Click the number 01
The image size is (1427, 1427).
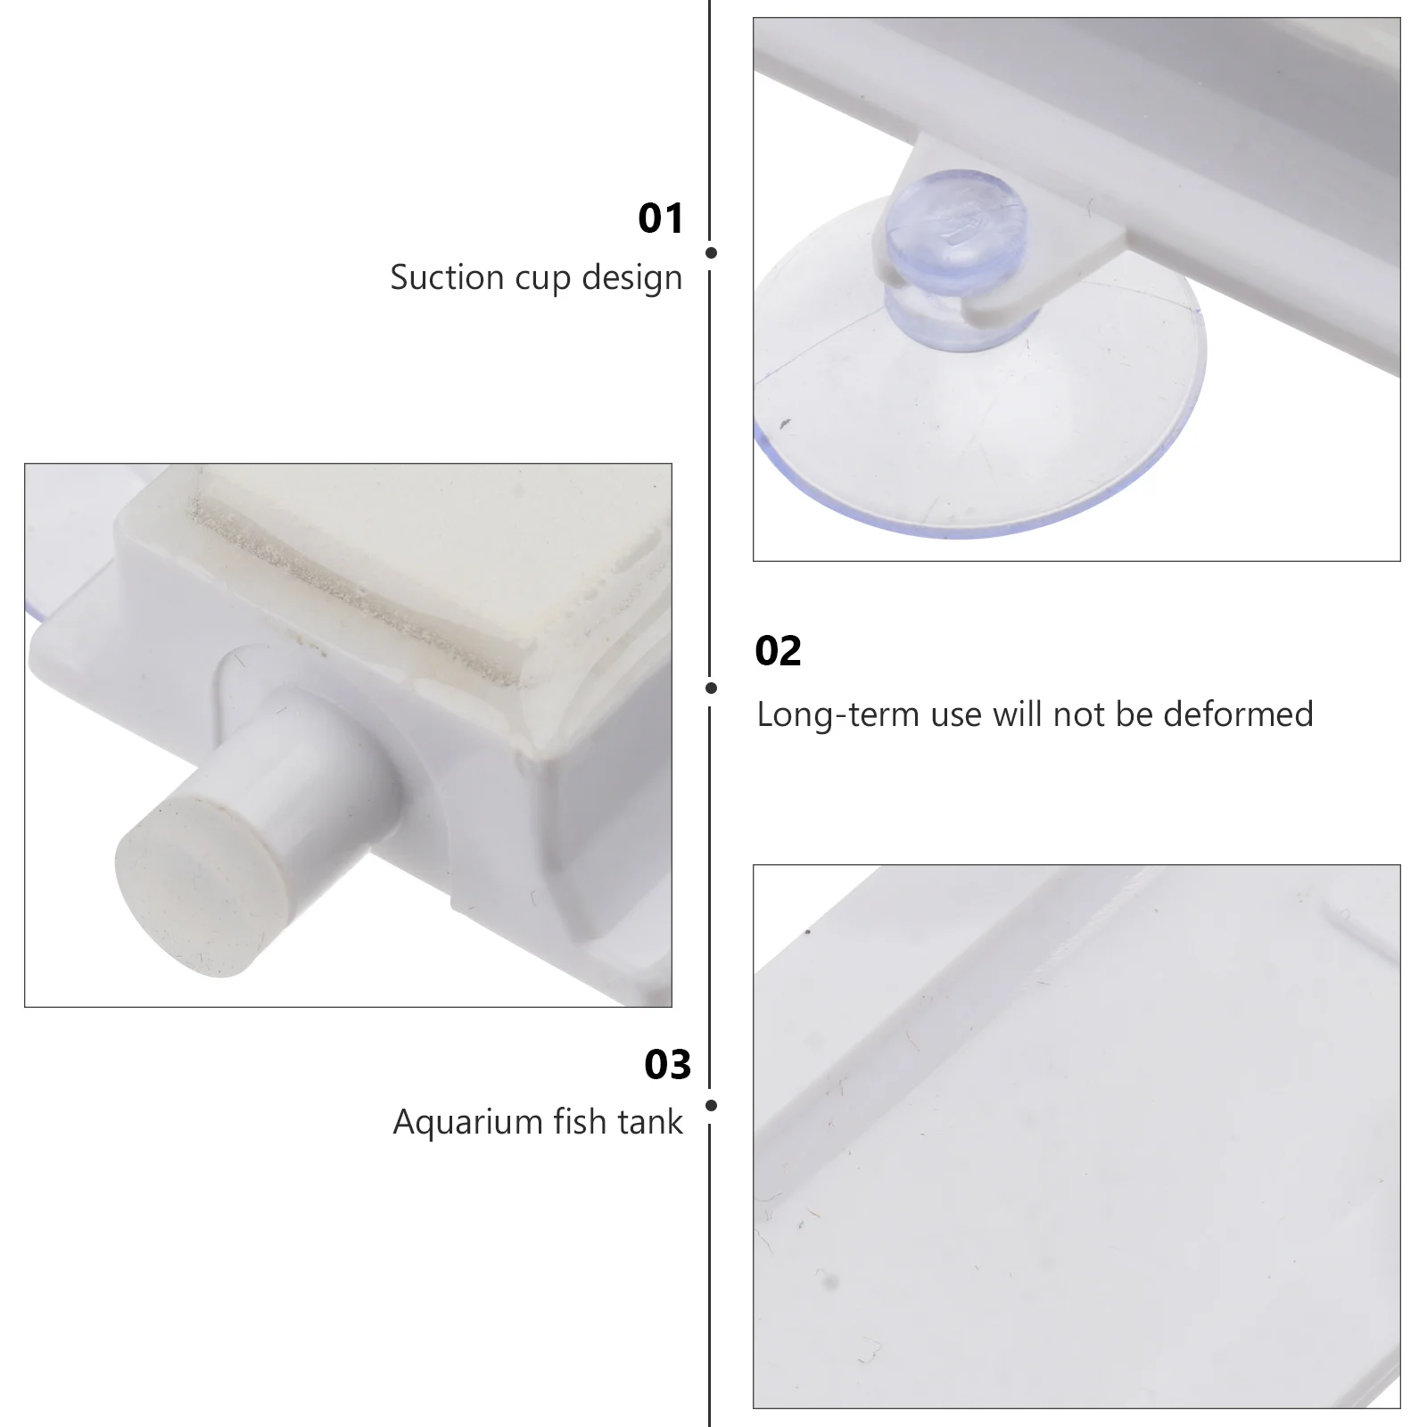pos(660,219)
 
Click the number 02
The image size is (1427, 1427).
pos(778,651)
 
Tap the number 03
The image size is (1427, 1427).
pos(667,1065)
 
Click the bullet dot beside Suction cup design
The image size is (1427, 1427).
pos(711,253)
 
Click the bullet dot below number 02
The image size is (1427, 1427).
pos(711,688)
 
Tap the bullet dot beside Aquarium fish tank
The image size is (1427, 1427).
pos(711,1106)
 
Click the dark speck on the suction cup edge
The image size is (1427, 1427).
pos(785,423)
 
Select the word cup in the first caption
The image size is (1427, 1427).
pos(545,279)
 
